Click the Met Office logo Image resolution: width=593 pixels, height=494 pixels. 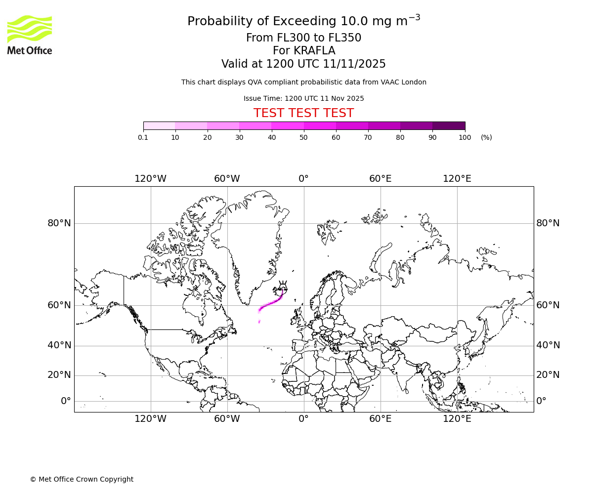pyautogui.click(x=30, y=35)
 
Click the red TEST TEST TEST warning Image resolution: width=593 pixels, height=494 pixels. pyautogui.click(x=303, y=113)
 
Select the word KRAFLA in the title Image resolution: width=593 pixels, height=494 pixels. pyautogui.click(x=314, y=51)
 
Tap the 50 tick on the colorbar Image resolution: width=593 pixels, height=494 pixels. pyautogui.click(x=303, y=137)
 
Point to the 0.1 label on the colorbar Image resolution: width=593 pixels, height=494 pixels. pyautogui.click(x=143, y=137)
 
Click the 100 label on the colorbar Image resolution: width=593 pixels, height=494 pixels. pyautogui.click(x=465, y=137)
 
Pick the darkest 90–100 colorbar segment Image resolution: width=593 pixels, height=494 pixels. pyautogui.click(x=449, y=125)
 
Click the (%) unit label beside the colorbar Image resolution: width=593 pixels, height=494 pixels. pyautogui.click(x=486, y=137)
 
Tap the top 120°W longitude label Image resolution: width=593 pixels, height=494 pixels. pyautogui.click(x=150, y=179)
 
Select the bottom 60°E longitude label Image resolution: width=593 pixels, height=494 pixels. pyautogui.click(x=380, y=419)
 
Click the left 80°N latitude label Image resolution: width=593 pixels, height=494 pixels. pyautogui.click(x=59, y=223)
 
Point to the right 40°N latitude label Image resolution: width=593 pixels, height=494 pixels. pyautogui.click(x=548, y=345)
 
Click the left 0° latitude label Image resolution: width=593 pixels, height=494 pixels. pyautogui.click(x=66, y=401)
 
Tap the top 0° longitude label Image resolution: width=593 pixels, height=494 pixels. pyautogui.click(x=303, y=179)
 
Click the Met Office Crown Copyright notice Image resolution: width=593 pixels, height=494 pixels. pyautogui.click(x=82, y=479)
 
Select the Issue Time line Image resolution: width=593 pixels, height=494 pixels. pyautogui.click(x=303, y=98)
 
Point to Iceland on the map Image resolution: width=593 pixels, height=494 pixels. pyautogui.click(x=282, y=287)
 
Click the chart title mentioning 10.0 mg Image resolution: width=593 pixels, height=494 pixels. pyautogui.click(x=303, y=21)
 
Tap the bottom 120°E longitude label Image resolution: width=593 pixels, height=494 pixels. pyautogui.click(x=457, y=419)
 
